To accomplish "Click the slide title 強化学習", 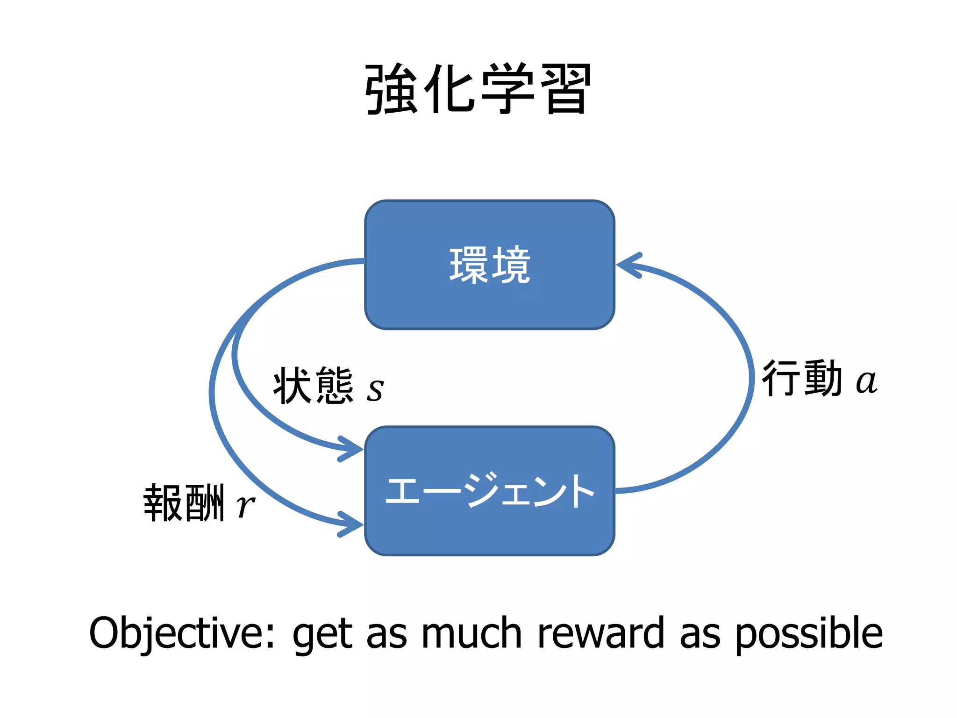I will click(478, 89).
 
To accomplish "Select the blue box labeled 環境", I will click(489, 265).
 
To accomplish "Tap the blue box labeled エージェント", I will click(489, 491).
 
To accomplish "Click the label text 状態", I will click(313, 385).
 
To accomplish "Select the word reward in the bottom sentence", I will click(601, 633).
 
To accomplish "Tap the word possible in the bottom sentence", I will click(808, 634).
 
